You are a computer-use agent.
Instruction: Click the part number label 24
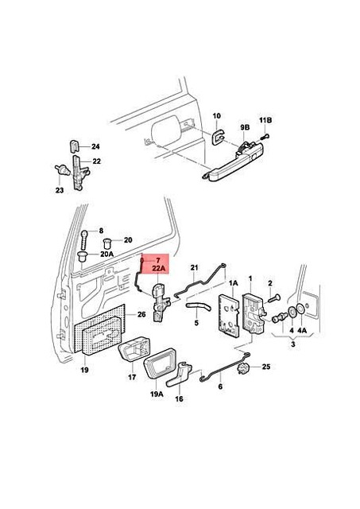[x=95, y=147]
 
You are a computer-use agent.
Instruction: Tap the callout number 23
[x=59, y=190]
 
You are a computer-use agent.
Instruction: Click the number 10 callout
[x=217, y=116]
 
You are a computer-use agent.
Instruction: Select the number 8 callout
[x=102, y=231]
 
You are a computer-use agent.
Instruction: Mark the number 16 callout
[x=180, y=400]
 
